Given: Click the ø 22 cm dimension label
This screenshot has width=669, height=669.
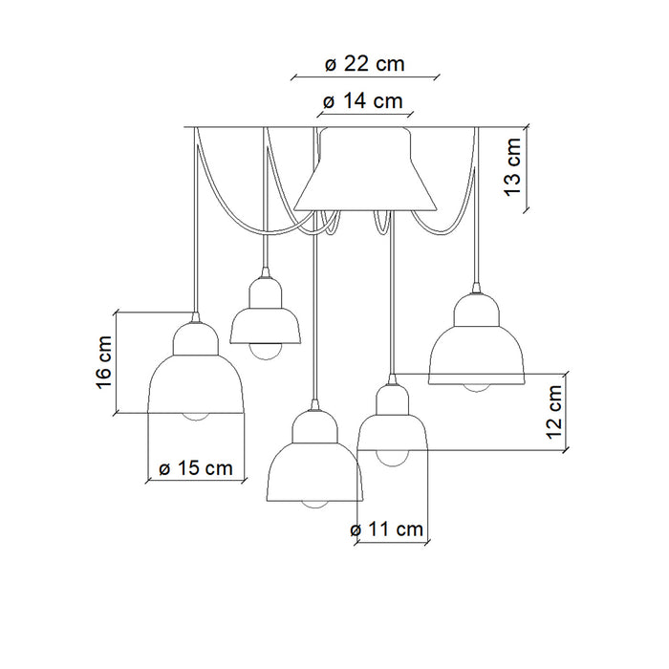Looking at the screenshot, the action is coord(364,64).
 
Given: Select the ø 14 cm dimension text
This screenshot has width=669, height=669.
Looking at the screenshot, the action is coord(362,101).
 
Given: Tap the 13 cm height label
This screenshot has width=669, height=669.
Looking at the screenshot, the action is coord(513,167).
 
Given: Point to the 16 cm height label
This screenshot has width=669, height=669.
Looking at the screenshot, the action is coord(104,362).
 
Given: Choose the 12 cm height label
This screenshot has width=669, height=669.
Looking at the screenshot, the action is coord(554,412).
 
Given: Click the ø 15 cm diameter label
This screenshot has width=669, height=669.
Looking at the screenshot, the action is coord(196,468).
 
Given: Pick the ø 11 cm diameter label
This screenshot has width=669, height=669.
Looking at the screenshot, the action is coord(386,529).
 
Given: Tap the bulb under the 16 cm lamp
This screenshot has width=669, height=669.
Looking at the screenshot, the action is coord(196,417).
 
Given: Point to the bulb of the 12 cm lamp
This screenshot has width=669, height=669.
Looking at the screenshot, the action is coord(392,459).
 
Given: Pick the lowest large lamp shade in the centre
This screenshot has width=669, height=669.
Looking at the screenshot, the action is coord(314,456).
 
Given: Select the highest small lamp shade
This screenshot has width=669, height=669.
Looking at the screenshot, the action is coord(266,311).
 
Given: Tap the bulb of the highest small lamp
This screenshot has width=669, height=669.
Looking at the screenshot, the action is coord(266,352).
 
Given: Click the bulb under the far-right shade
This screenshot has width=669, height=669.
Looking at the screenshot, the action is coord(477,388).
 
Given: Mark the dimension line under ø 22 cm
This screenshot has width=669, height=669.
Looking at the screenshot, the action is coord(365,77).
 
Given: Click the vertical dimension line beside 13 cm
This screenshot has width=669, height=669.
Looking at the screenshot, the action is coord(526,168).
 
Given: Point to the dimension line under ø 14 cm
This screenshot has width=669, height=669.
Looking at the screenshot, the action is coord(365,115).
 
